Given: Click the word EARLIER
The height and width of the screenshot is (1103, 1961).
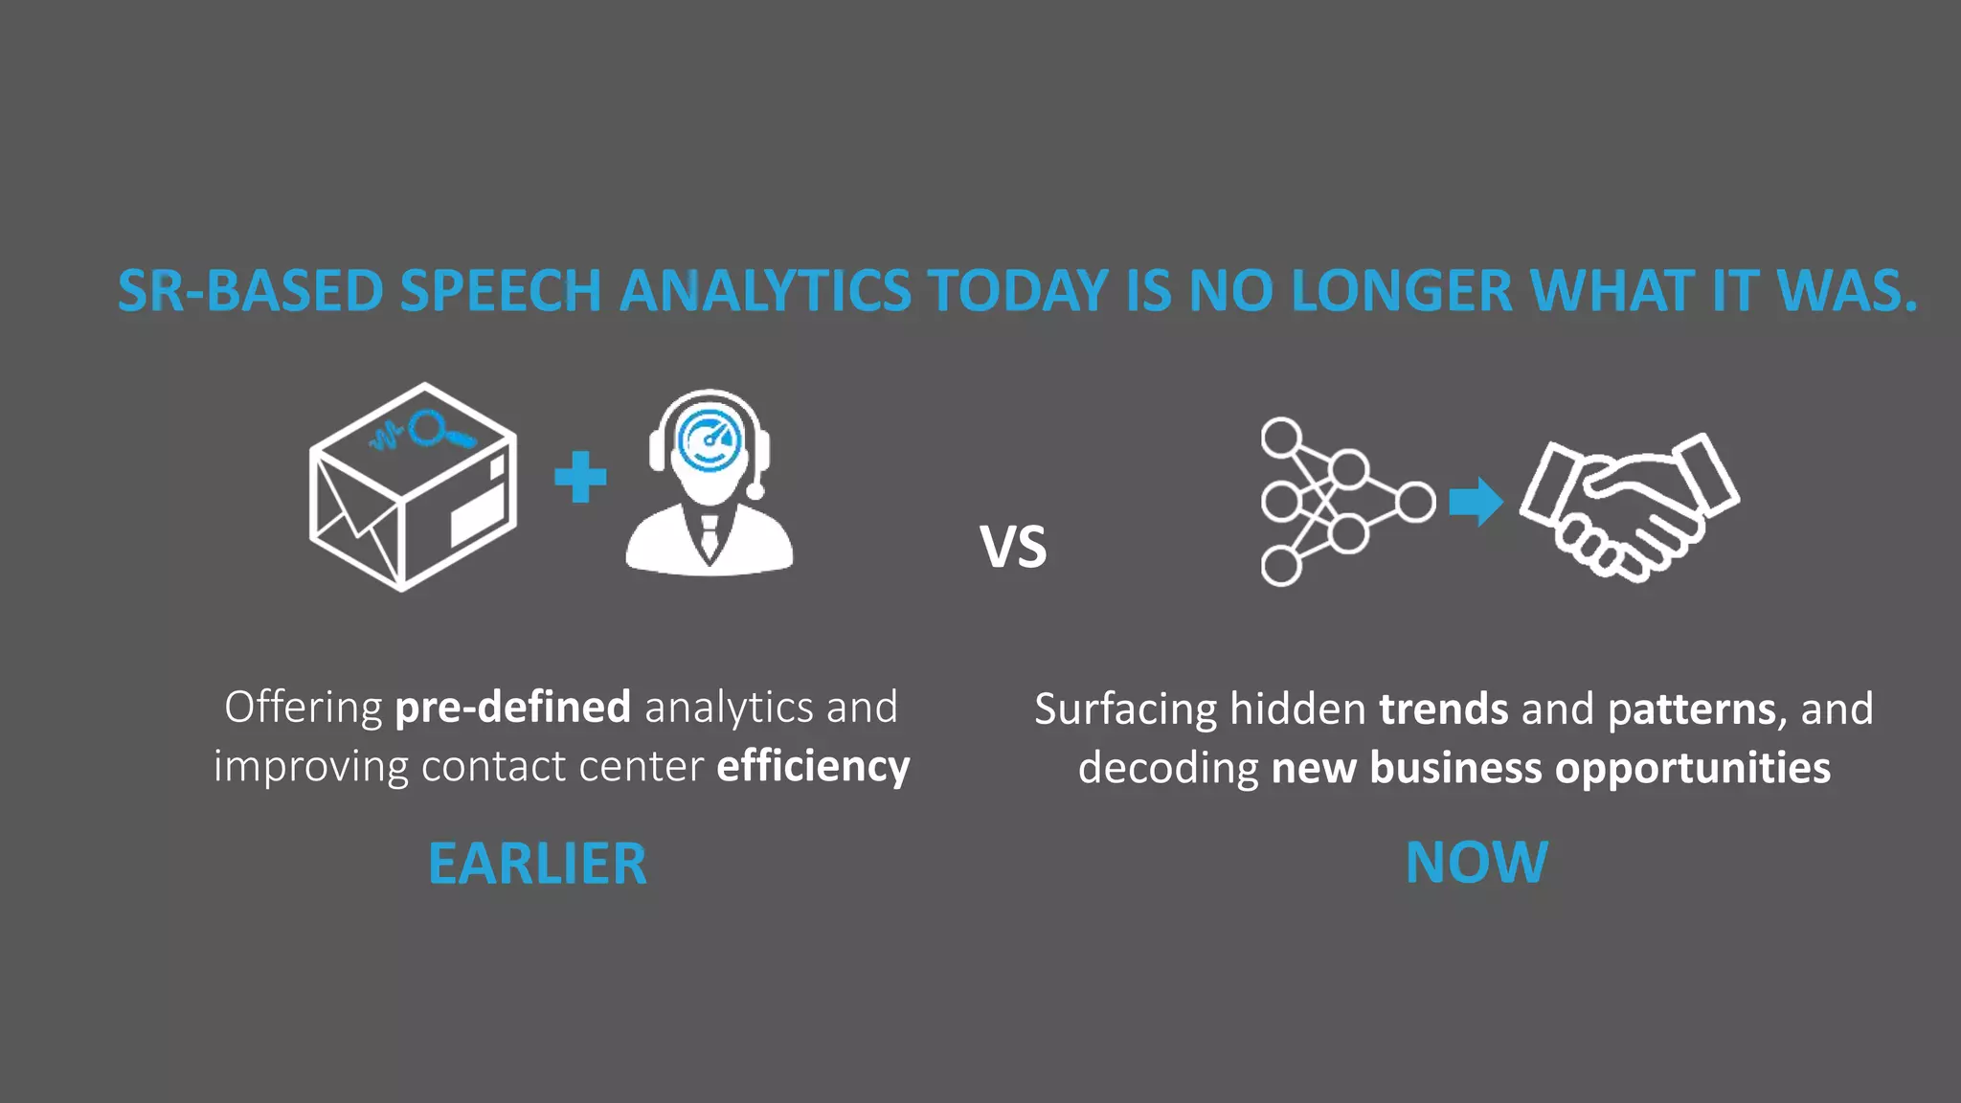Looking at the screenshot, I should point(537,864).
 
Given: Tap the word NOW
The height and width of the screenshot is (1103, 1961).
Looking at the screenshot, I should point(1476,862).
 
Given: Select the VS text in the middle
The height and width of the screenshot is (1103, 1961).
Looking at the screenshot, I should point(1013,548).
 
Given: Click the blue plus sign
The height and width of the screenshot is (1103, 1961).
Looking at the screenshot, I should point(580,477).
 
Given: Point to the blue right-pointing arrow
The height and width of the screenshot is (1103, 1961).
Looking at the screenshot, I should point(1475,502).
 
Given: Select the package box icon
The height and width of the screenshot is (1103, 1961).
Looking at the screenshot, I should point(413,486).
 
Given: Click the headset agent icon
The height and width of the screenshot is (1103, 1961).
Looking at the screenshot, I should point(709,483).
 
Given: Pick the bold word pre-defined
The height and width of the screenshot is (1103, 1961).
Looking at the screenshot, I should point(512,708).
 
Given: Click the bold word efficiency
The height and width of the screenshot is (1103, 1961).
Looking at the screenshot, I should point(813,767).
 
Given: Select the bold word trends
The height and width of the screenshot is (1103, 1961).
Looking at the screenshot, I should point(1444,709).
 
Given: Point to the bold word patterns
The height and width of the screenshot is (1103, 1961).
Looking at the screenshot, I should point(1692,709).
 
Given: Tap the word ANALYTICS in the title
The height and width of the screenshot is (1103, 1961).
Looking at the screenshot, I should point(765,291).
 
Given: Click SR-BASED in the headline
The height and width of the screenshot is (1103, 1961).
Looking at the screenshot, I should point(250,291).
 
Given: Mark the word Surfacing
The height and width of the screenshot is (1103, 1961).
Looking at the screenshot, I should point(1125,709).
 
